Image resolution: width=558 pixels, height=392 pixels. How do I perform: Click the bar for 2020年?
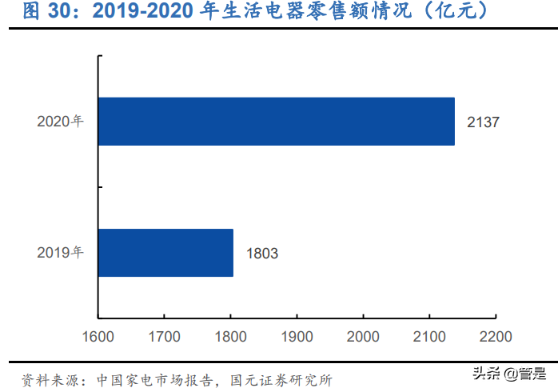tap(276, 122)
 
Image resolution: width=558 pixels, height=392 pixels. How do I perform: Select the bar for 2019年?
tap(165, 253)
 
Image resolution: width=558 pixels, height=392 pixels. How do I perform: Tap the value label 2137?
tap(483, 122)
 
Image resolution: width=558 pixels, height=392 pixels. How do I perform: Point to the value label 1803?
tap(261, 254)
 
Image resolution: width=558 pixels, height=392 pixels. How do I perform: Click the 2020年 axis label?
tap(60, 122)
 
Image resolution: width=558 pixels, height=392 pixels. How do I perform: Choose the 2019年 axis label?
tap(60, 253)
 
